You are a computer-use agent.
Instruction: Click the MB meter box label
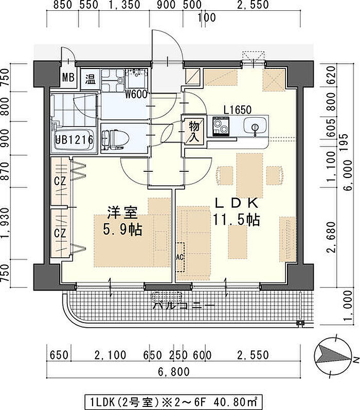point(68,77)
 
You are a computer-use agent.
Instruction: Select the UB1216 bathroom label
point(74,140)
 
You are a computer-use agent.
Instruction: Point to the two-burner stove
point(221,127)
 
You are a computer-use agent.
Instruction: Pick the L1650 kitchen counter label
point(238,110)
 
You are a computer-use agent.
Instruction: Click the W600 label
point(136,94)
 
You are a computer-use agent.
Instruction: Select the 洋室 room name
point(122,212)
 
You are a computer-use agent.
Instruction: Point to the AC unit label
point(180,257)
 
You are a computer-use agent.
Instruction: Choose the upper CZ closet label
point(60,181)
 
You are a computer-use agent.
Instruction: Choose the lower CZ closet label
point(60,233)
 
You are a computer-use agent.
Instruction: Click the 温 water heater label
point(91,79)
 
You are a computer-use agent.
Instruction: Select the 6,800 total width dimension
point(174,371)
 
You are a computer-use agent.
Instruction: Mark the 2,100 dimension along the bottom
point(110,355)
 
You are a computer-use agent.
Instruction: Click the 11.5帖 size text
point(237,220)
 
